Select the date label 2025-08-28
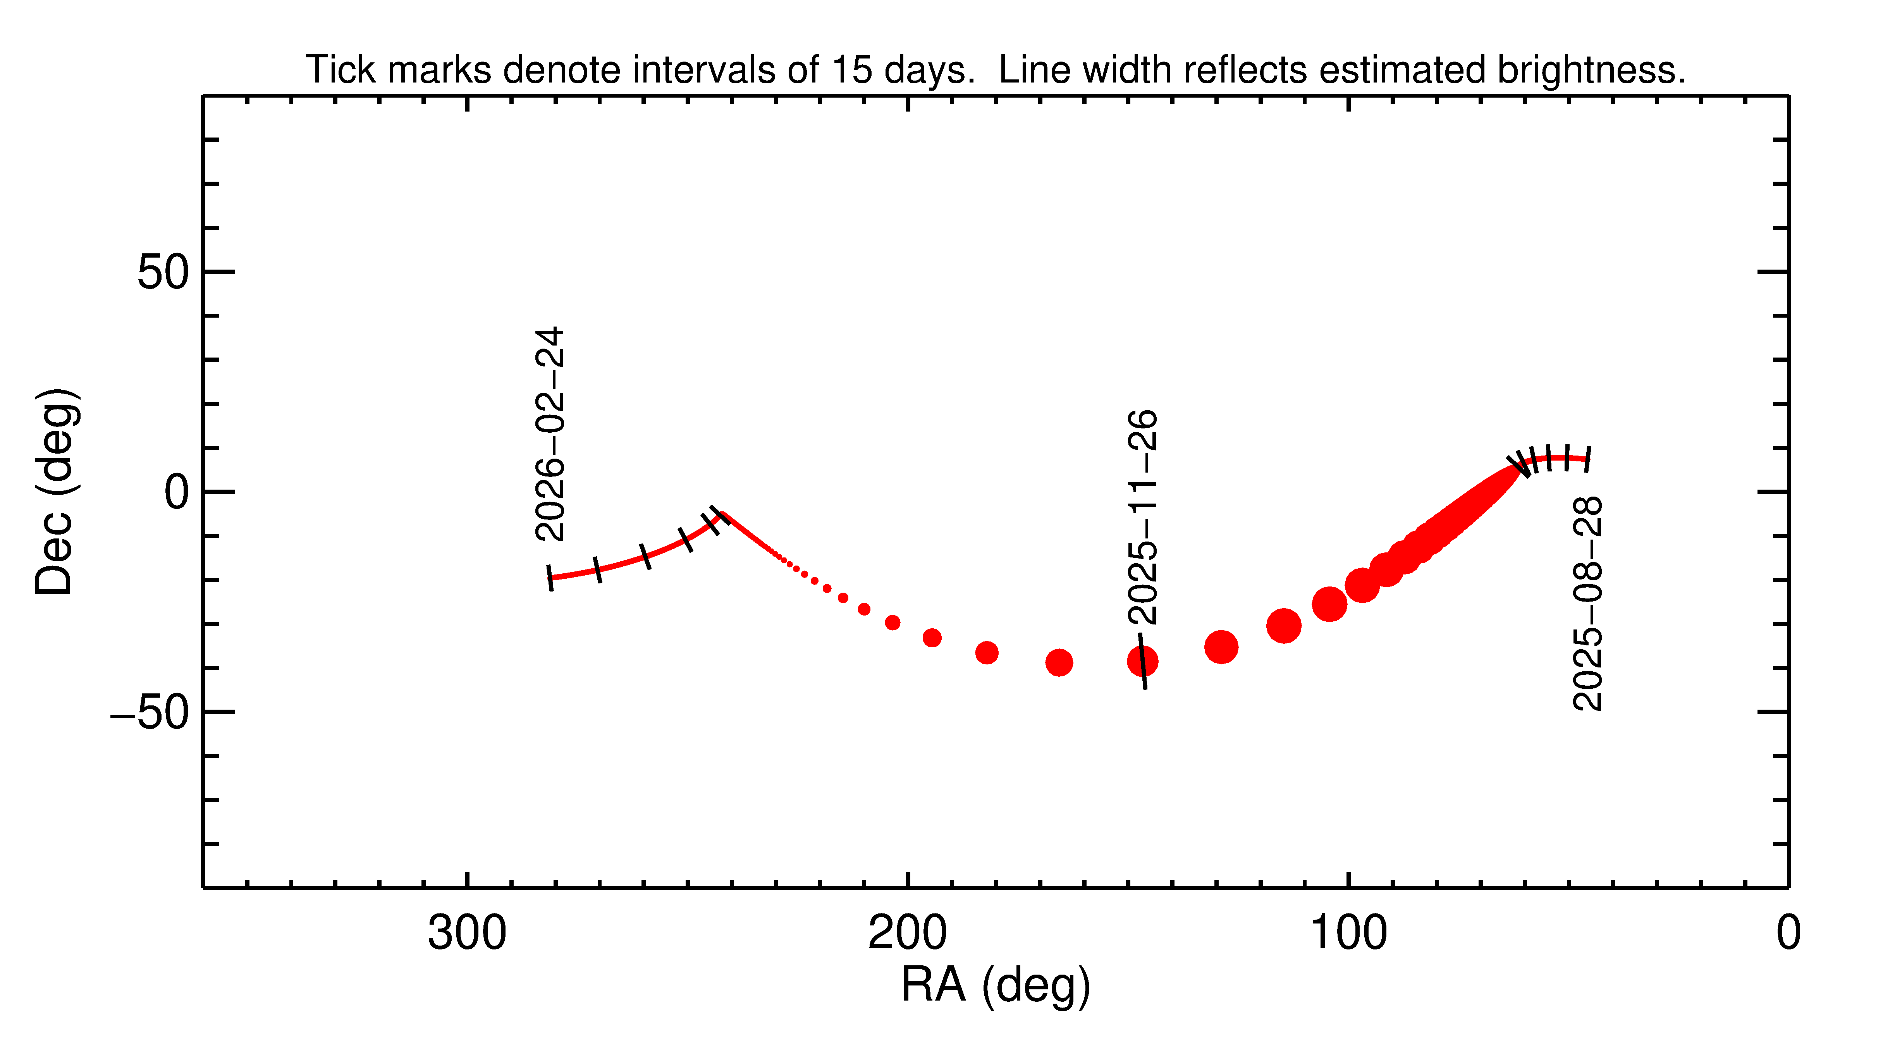point(1588,604)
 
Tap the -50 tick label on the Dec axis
point(150,712)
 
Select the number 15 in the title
point(852,70)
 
